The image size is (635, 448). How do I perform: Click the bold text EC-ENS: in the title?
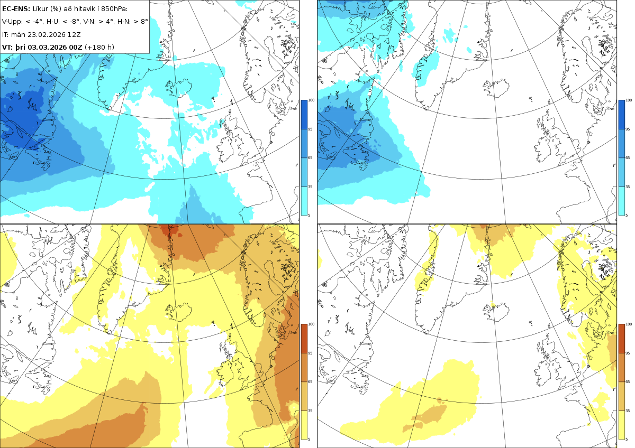pos(16,9)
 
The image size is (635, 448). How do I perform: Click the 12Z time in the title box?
pos(74,34)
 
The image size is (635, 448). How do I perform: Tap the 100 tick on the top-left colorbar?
pos(311,100)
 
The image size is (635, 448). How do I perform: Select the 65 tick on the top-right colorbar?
pos(628,157)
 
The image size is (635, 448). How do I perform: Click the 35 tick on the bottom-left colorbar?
pos(310,410)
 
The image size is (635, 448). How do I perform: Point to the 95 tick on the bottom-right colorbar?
pos(628,353)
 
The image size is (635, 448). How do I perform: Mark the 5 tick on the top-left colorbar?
pos(309,215)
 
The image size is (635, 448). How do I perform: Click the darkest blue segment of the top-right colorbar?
pos(621,115)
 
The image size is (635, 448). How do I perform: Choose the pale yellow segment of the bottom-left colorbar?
pos(304,425)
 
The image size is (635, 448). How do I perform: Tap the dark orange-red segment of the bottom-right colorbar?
pos(621,339)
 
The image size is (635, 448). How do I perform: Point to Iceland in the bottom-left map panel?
pos(179,312)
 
